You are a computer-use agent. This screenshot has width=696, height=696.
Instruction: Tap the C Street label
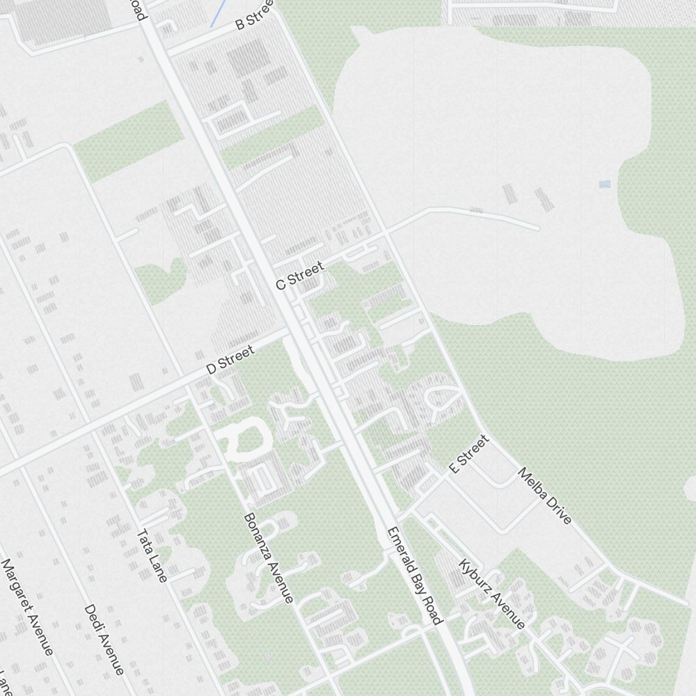300,276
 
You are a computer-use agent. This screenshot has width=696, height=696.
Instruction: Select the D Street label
231,359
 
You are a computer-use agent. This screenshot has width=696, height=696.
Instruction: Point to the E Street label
470,454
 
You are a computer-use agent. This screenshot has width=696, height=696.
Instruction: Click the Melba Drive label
545,496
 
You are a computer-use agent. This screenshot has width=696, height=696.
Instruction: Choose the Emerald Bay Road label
415,576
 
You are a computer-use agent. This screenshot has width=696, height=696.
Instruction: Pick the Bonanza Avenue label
268,557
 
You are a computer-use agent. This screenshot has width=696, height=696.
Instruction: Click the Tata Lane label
152,555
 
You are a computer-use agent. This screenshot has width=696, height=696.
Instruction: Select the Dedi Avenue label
104,639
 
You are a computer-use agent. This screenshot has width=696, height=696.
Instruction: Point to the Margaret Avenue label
27,607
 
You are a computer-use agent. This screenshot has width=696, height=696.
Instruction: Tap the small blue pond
603,184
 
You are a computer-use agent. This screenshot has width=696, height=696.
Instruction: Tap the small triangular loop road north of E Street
442,400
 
